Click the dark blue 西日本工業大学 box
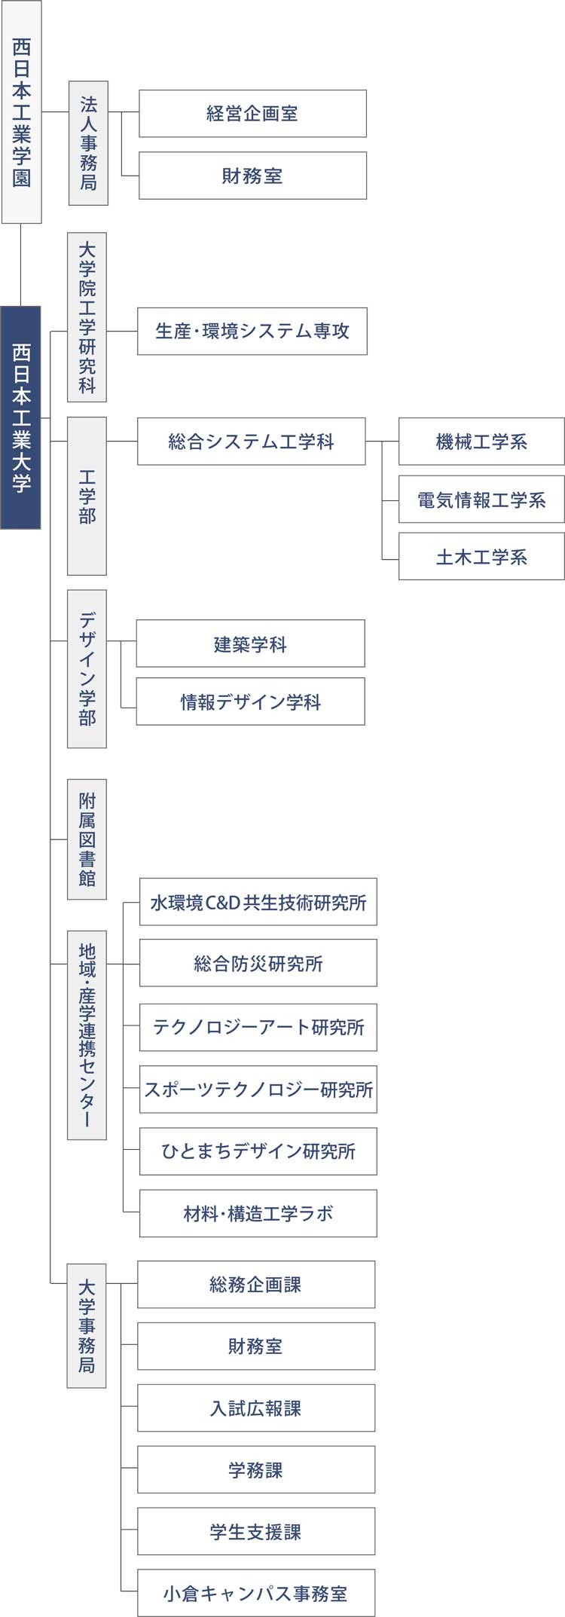(x=20, y=417)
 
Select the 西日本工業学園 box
(x=21, y=112)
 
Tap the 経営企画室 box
(x=252, y=114)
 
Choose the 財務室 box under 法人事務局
(x=252, y=176)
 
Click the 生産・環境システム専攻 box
(x=252, y=331)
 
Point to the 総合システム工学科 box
(x=252, y=442)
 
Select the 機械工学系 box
(x=481, y=442)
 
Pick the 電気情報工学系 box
(x=481, y=499)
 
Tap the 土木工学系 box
(x=481, y=556)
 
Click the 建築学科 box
(x=251, y=643)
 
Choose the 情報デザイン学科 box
(x=251, y=702)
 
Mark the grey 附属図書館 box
(x=87, y=839)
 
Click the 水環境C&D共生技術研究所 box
(x=258, y=902)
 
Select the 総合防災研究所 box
(x=258, y=963)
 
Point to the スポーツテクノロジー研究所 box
(x=258, y=1090)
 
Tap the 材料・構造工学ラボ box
(x=258, y=1213)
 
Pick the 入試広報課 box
(x=256, y=1408)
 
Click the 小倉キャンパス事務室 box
(x=256, y=1593)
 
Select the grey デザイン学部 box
(x=87, y=669)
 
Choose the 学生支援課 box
(x=256, y=1531)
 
